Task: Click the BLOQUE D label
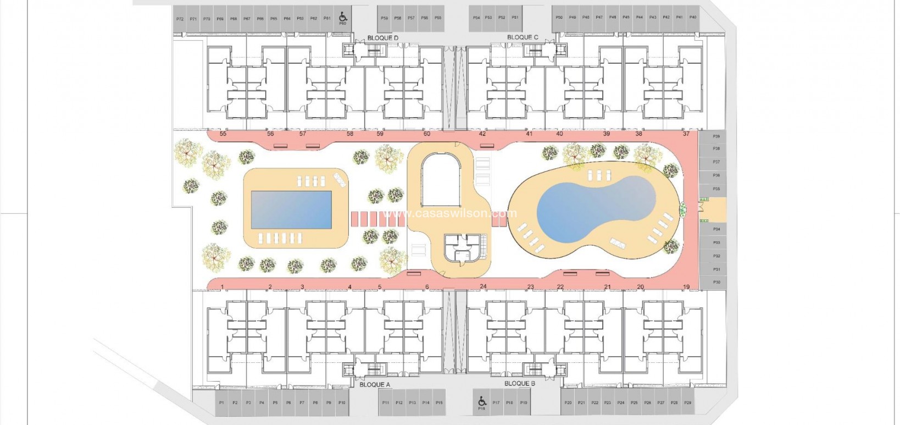coord(382,38)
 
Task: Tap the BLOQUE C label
coord(523,37)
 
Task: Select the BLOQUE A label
coord(374,385)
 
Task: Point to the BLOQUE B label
coord(519,384)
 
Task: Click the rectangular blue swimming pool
coord(291,209)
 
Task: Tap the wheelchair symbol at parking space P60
coord(343,16)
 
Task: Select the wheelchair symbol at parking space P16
coord(482,401)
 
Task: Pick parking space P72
coord(180,19)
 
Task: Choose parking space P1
coord(221,403)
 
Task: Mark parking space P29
coord(687,403)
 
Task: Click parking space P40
coord(693,18)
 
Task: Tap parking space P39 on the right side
coord(716,136)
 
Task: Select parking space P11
coord(386,403)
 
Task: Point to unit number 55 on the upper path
coord(223,134)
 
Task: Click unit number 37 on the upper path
coord(686,134)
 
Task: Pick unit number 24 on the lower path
coord(483,286)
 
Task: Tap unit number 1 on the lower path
coord(222,286)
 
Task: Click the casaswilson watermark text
coord(450,213)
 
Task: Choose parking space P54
coord(476,18)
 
